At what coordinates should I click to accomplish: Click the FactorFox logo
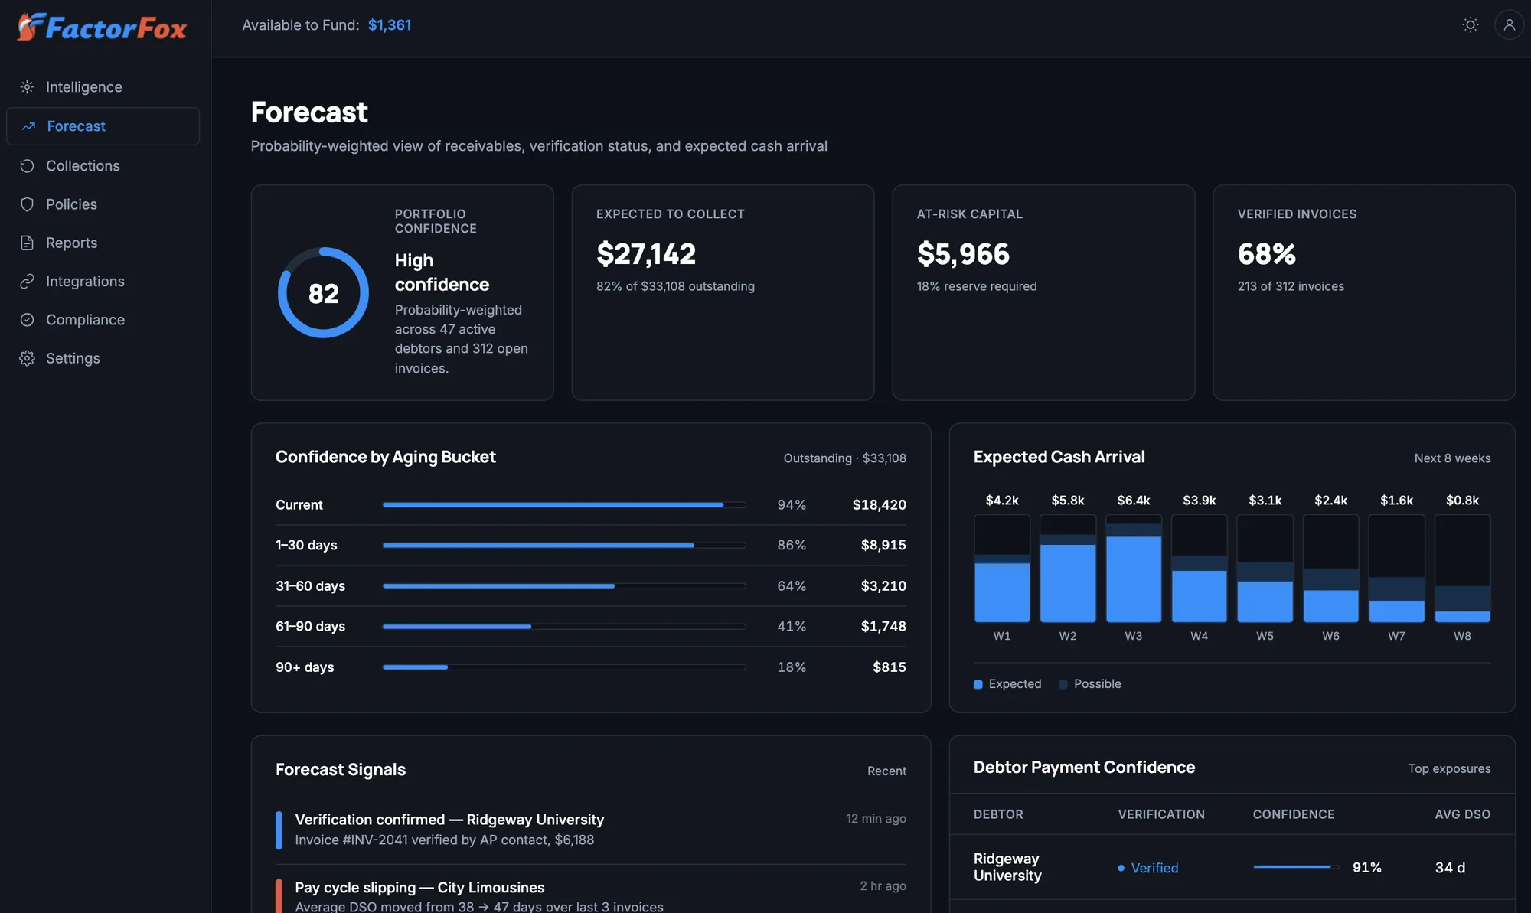pos(102,28)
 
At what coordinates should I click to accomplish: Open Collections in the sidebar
pos(83,166)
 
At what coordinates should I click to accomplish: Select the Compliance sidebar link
pos(85,320)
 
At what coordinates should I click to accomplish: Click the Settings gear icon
pos(27,358)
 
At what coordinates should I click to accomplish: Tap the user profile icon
pos(1509,24)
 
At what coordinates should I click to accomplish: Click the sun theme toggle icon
pos(1470,24)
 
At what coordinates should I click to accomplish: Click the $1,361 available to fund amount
pos(390,25)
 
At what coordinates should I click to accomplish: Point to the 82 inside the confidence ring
pos(324,293)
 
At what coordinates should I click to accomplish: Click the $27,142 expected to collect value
pos(646,254)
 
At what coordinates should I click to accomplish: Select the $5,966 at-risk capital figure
pos(963,254)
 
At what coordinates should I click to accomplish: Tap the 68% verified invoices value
pos(1267,254)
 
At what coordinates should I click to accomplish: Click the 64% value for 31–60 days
pos(792,586)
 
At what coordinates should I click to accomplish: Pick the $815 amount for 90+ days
pos(890,667)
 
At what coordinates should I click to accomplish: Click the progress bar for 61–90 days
pos(564,627)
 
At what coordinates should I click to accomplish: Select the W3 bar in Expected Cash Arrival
pos(1134,569)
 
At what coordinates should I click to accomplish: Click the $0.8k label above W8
pos(1462,501)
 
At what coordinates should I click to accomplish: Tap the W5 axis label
pos(1265,636)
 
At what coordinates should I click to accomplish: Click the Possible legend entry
pos(1090,684)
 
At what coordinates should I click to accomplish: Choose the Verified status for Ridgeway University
pos(1148,868)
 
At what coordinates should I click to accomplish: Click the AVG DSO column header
pos(1462,814)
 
